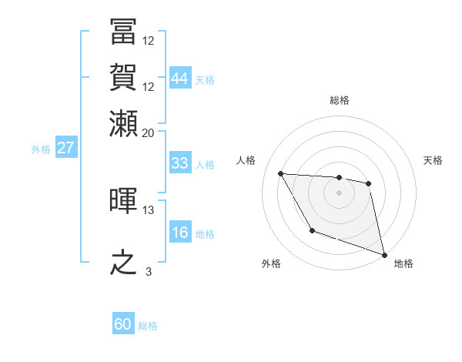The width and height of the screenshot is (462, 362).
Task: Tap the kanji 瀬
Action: pyautogui.click(x=124, y=123)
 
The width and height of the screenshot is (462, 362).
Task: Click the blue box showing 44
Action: pyautogui.click(x=179, y=79)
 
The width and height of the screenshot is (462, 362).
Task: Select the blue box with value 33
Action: pyautogui.click(x=179, y=163)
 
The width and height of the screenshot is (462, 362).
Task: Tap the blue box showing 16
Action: pyautogui.click(x=179, y=233)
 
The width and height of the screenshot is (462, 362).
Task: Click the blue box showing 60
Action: pyautogui.click(x=123, y=324)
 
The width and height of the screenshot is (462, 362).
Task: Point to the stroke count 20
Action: pyautogui.click(x=149, y=133)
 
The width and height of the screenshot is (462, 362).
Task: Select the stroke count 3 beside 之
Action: pyautogui.click(x=149, y=272)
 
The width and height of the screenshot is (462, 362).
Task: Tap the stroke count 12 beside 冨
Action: pyautogui.click(x=149, y=40)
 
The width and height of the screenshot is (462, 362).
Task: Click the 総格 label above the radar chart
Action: pyautogui.click(x=340, y=100)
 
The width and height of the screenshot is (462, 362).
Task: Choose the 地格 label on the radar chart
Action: pyautogui.click(x=403, y=263)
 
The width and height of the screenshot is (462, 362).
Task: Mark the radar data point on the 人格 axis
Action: pyautogui.click(x=281, y=173)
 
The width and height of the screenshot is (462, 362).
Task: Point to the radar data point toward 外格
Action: pyautogui.click(x=312, y=230)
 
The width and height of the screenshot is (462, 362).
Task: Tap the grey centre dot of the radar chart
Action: pyautogui.click(x=339, y=193)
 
